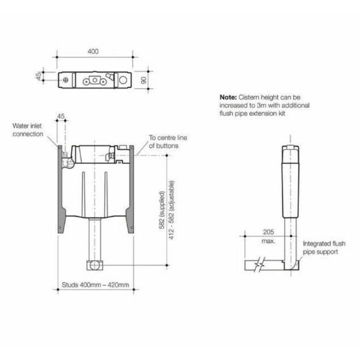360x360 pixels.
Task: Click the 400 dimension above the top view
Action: tap(93, 52)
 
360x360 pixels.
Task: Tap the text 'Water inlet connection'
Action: tap(28, 130)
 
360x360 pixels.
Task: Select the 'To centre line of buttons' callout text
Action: tap(165, 142)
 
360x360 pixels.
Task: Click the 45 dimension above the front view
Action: tap(61, 117)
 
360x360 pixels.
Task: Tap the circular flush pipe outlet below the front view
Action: tap(94, 265)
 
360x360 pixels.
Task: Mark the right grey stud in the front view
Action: tap(130, 189)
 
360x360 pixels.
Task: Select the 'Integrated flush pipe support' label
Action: tap(324, 247)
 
